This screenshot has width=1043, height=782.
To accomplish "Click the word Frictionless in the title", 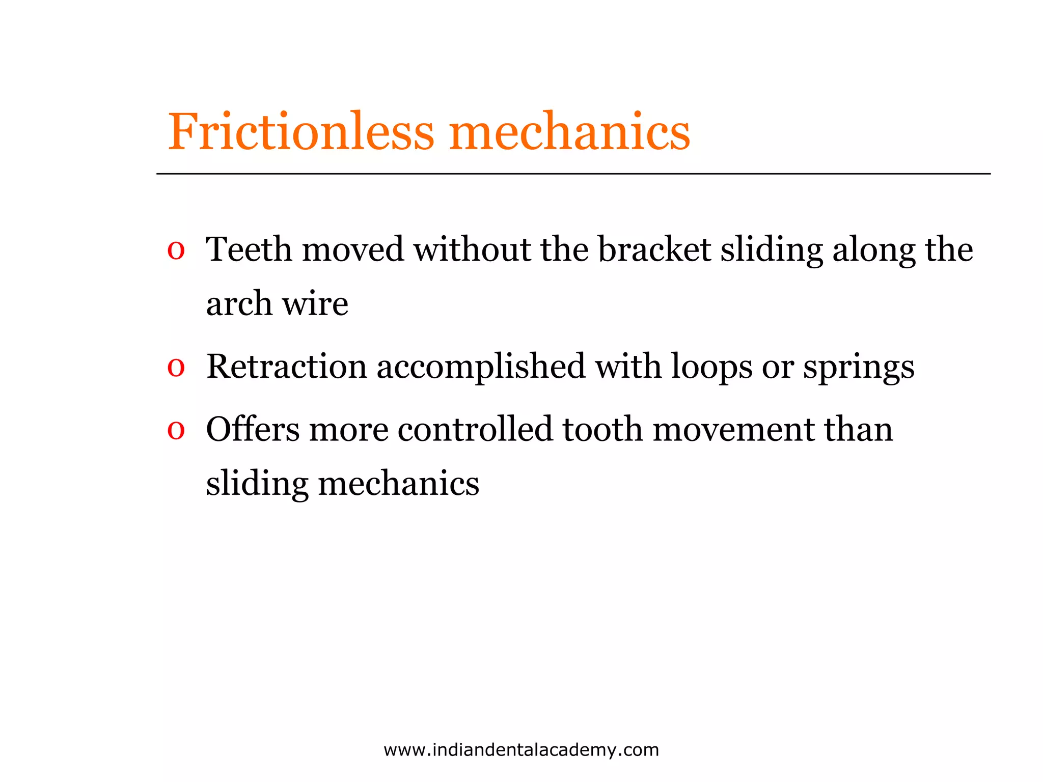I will pos(300,132).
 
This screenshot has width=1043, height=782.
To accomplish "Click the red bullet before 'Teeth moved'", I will pos(176,251).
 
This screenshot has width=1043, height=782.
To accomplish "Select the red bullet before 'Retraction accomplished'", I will pos(176,368).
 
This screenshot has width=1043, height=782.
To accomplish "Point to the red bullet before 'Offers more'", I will pos(176,431).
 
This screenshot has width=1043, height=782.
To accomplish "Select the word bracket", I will pos(654,250).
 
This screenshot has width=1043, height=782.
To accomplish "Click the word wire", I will pos(315,304).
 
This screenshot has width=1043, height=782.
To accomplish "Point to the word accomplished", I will pos(481,368).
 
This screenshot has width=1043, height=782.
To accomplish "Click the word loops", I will pos(711,368).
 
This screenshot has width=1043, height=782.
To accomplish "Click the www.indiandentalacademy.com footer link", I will pos(521,750).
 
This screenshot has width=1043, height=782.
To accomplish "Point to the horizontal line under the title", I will pos(573,174).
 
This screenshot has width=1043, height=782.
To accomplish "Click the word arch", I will pos(239,304).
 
